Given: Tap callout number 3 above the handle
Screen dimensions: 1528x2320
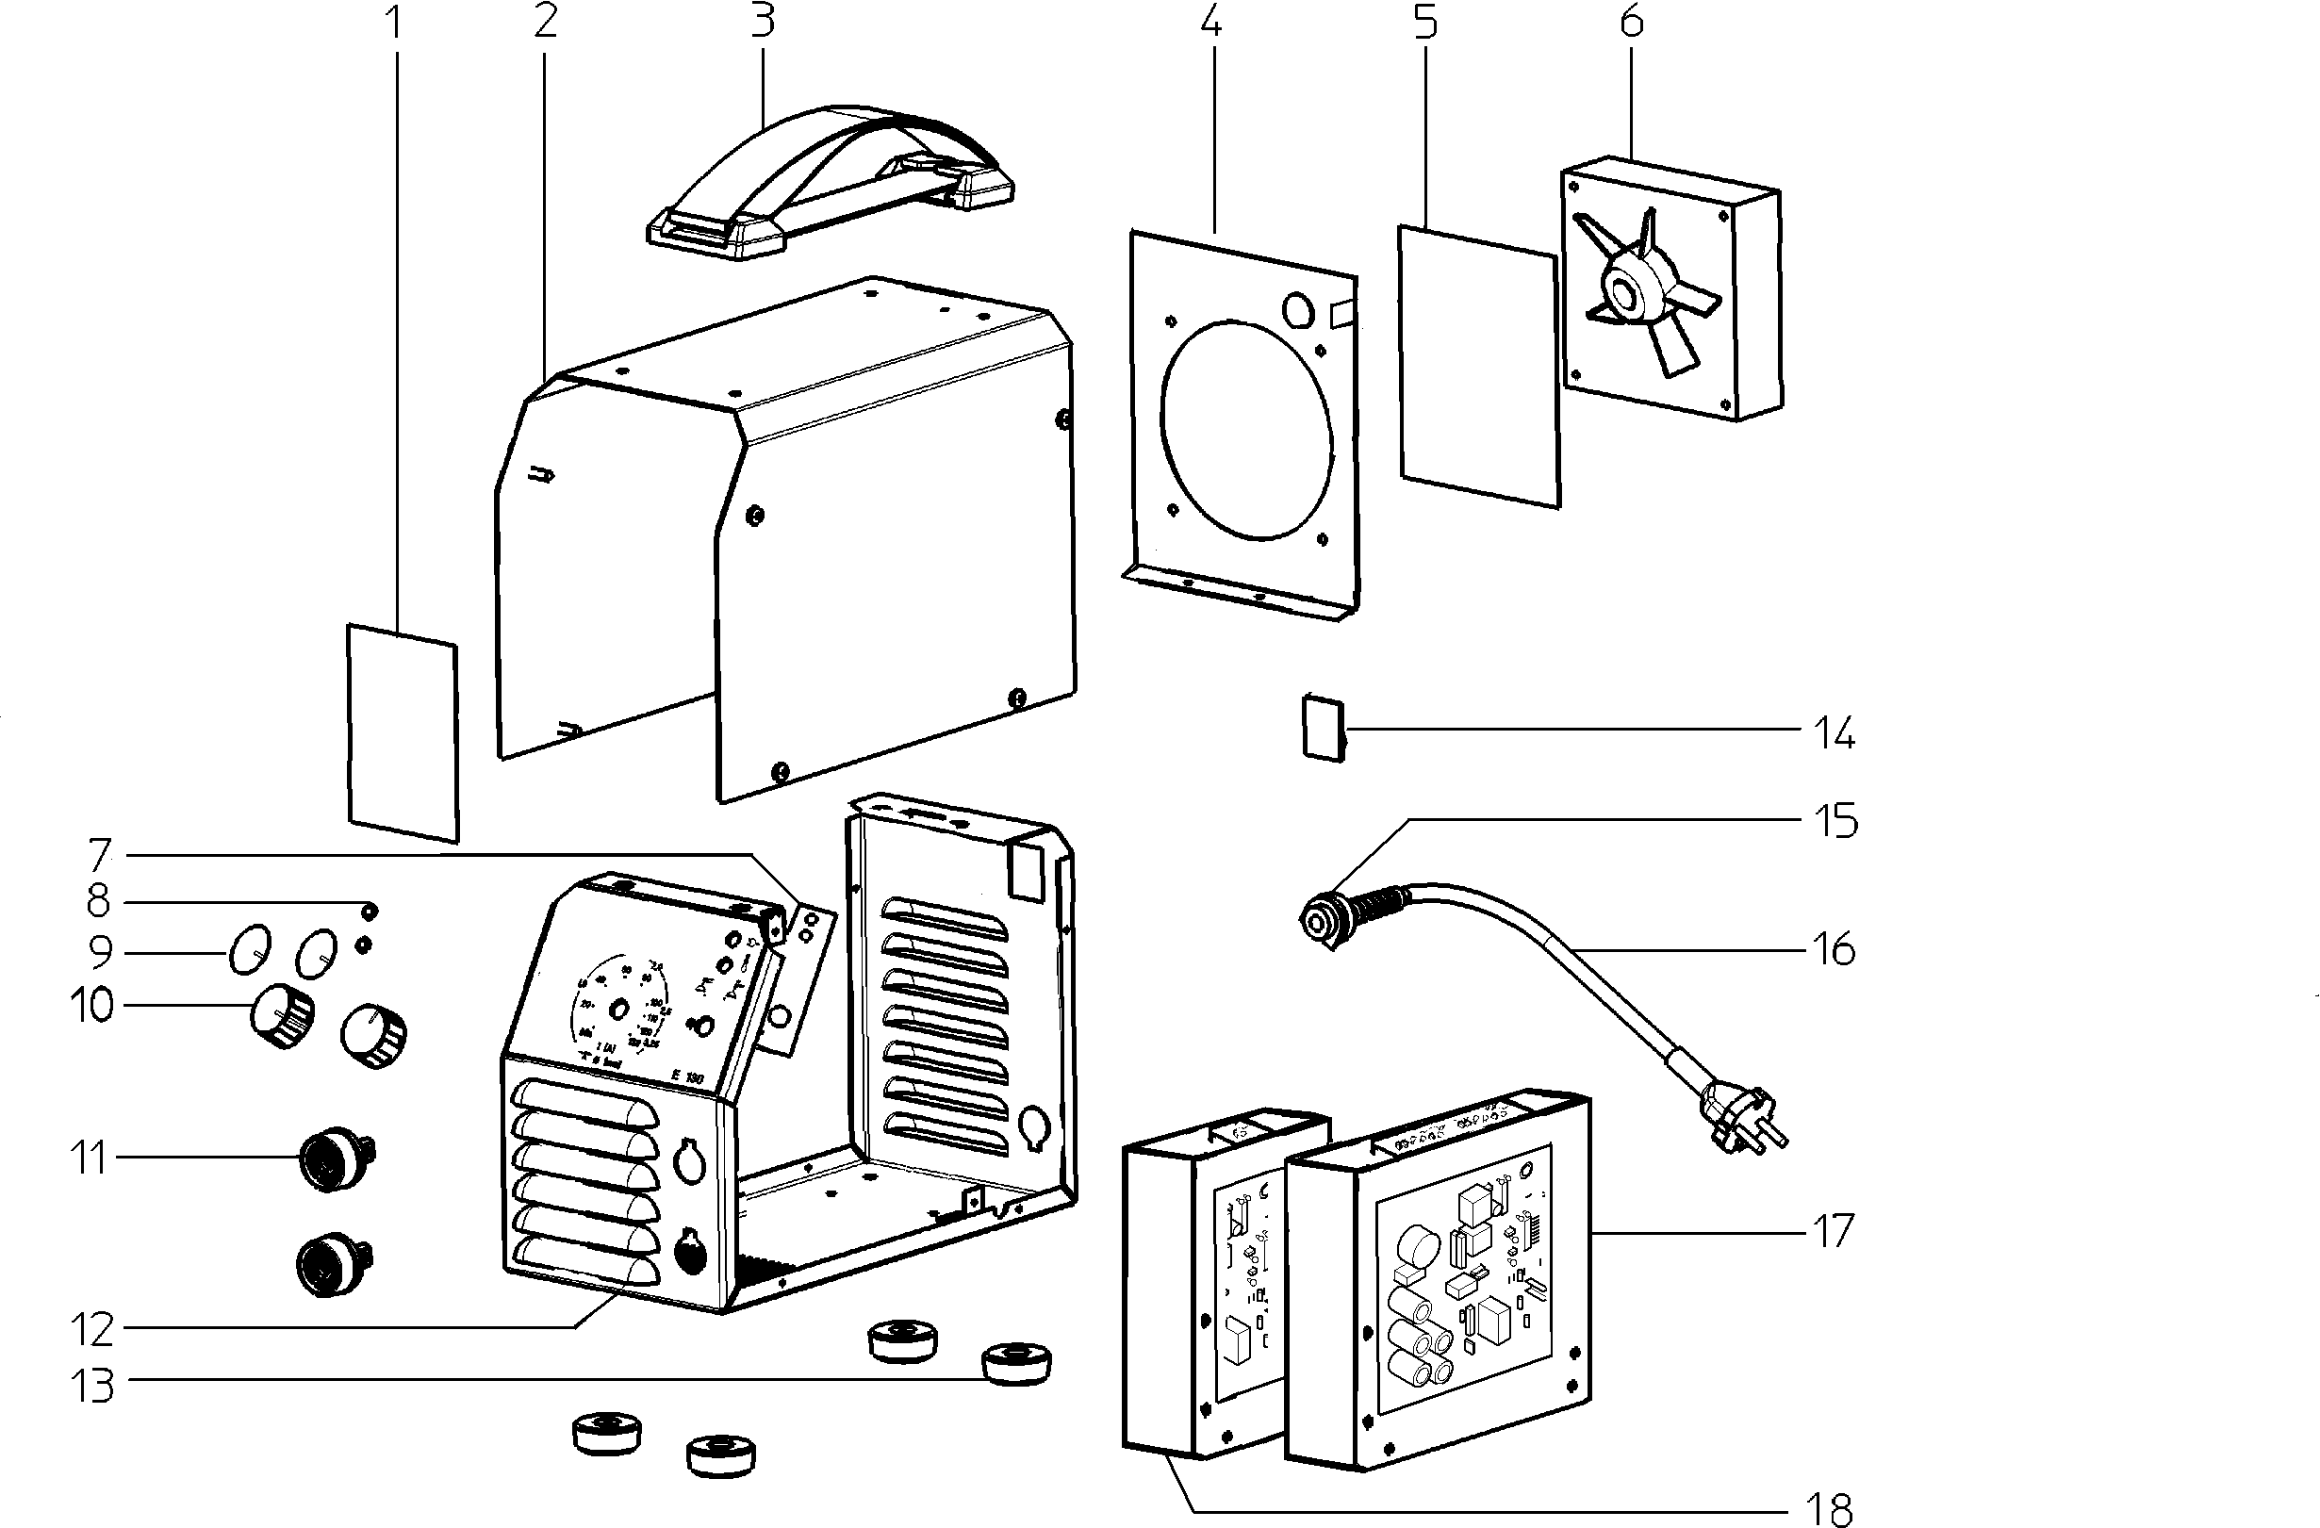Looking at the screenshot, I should click(763, 21).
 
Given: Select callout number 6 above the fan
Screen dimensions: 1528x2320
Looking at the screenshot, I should click(1632, 21).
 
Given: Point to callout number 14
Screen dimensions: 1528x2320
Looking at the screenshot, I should click(1834, 732).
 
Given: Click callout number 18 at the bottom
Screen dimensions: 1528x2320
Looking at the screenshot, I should click(1830, 1508).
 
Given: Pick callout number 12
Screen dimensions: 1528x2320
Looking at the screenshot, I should click(92, 1329).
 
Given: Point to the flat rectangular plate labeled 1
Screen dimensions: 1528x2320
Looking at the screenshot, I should click(403, 731).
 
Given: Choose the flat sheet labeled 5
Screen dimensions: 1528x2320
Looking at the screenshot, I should click(1478, 366).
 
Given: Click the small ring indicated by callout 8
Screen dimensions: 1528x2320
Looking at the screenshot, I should click(370, 912).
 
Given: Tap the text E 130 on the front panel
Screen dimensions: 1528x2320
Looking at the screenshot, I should click(686, 1078).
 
